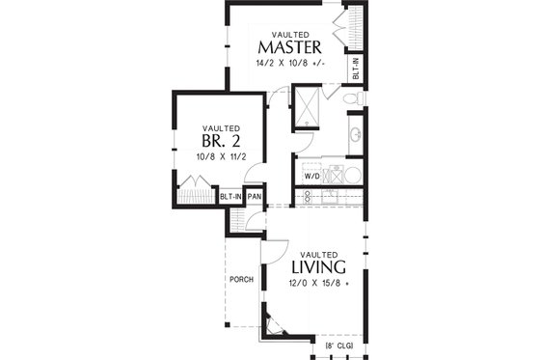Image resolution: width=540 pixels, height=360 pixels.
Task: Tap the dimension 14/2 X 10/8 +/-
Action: (x=289, y=64)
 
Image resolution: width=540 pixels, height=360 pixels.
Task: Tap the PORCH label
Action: (x=241, y=280)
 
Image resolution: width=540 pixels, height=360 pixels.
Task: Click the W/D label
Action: (x=311, y=178)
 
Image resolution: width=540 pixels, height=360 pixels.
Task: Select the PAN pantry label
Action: (x=255, y=197)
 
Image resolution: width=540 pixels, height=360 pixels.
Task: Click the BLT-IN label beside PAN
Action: (x=230, y=197)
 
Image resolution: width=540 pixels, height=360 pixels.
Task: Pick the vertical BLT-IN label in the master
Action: (x=355, y=68)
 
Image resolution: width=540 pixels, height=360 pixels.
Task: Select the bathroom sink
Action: (x=354, y=134)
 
